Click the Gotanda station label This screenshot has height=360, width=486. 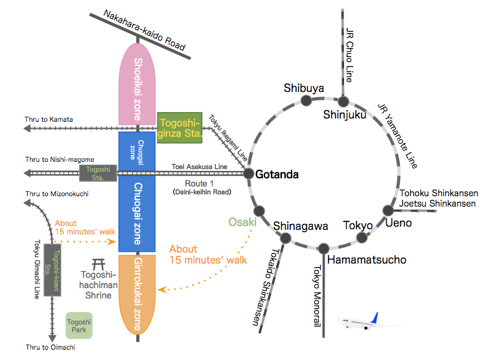tap(277, 175)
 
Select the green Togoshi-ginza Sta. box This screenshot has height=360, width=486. tap(179, 128)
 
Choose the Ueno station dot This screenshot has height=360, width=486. tap(388, 210)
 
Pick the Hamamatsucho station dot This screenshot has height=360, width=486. tap(323, 248)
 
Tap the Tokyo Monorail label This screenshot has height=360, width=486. tap(317, 302)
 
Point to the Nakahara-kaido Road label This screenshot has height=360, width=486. tap(145, 30)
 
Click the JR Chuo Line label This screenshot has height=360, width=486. tap(350, 55)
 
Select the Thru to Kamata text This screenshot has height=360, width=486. tap(49, 119)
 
